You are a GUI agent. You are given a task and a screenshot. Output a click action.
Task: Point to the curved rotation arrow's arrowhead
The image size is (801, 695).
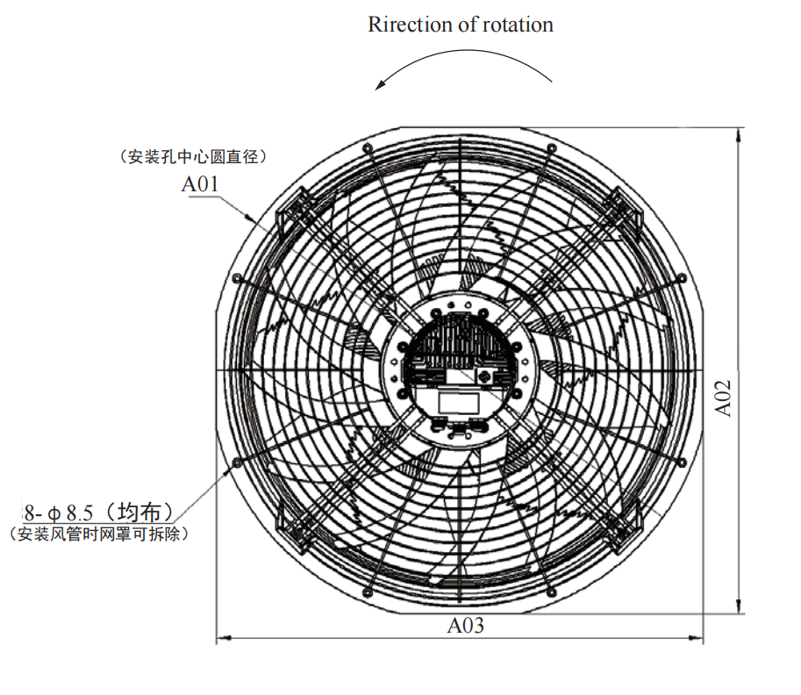pyautogui.click(x=381, y=84)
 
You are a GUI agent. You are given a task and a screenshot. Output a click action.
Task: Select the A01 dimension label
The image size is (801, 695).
pyautogui.click(x=200, y=184)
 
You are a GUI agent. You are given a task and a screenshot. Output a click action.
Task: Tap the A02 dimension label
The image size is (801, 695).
pyautogui.click(x=723, y=398)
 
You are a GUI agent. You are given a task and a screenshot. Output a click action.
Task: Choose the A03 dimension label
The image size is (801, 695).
pyautogui.click(x=465, y=625)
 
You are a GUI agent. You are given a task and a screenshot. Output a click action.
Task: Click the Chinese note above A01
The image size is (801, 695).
pyautogui.click(x=193, y=156)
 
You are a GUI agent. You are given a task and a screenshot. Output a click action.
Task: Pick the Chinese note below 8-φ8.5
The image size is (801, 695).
pyautogui.click(x=98, y=534)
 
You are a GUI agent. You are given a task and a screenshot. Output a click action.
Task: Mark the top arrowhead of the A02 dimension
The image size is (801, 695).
pyautogui.click(x=738, y=134)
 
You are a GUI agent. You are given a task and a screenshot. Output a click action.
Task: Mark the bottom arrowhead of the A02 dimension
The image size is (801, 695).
pyautogui.click(x=738, y=606)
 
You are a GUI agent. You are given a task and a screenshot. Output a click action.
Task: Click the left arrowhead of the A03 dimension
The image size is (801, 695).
pyautogui.click(x=224, y=638)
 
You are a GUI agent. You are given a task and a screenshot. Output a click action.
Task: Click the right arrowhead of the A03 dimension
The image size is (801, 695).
pyautogui.click(x=696, y=638)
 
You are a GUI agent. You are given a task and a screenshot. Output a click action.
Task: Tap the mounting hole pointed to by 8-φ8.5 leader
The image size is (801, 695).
pyautogui.click(x=237, y=463)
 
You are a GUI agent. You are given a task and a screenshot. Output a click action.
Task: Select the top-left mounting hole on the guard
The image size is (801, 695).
pyautogui.click(x=367, y=148)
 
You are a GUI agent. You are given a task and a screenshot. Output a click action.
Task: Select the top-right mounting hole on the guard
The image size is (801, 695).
pyautogui.click(x=551, y=148)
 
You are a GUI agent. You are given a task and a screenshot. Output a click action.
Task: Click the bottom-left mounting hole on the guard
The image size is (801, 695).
pyautogui.click(x=367, y=593)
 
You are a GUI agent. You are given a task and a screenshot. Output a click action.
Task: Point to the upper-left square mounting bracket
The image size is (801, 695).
pyautogui.click(x=297, y=212)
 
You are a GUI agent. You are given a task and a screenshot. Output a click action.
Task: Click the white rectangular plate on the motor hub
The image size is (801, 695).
pyautogui.click(x=458, y=402)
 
